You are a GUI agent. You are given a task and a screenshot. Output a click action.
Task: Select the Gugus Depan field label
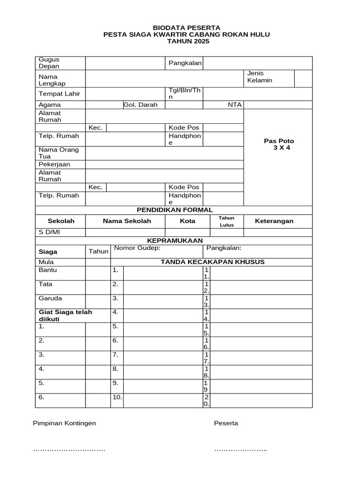point(49,63)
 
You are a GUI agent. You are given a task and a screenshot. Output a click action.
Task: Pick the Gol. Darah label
point(140,105)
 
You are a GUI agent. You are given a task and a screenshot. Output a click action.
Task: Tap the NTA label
point(234,105)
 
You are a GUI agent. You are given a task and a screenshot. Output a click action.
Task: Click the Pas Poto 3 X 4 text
point(279,145)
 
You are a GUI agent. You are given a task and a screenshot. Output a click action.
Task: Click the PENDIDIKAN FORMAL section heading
point(174,210)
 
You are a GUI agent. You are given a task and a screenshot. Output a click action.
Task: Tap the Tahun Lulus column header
point(226,221)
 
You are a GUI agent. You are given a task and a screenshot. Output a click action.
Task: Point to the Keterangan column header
point(274,221)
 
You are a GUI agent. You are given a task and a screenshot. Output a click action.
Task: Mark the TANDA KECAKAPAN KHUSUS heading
point(212,262)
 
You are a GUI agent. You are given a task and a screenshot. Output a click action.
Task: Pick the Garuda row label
point(50,298)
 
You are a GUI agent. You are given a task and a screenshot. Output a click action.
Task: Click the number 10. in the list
point(117,397)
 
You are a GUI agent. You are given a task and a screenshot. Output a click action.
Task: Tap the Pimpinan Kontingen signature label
point(64,423)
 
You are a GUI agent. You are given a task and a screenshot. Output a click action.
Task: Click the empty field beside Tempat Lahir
point(125,94)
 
